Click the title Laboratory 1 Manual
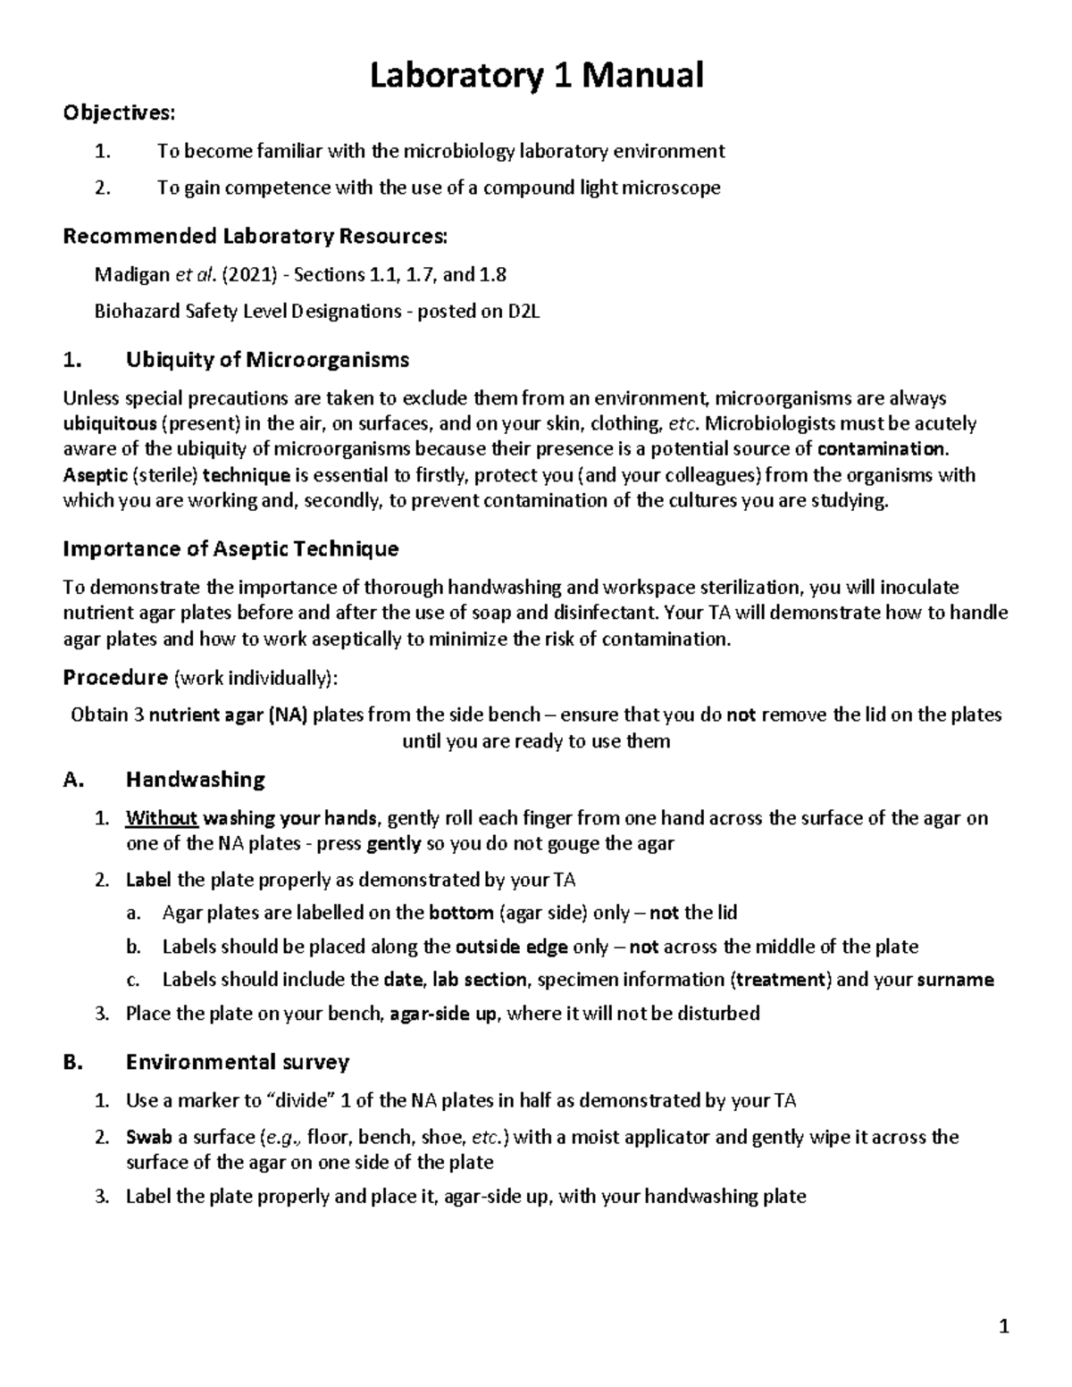point(536,75)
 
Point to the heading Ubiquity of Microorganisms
point(267,360)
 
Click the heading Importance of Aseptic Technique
point(230,548)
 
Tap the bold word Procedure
point(115,678)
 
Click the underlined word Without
point(162,818)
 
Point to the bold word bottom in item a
point(461,913)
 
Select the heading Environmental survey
point(237,1062)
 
